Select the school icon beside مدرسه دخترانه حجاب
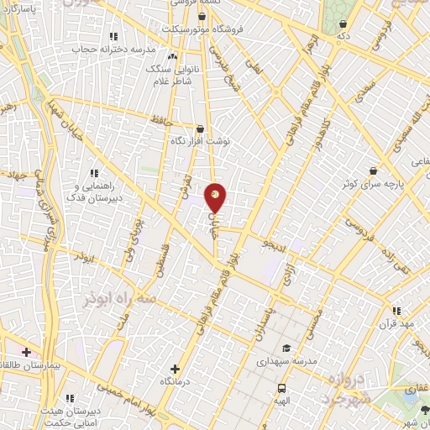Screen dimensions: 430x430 [113, 36]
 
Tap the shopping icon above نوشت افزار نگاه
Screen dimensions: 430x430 [199, 129]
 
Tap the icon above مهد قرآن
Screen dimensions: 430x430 [392, 311]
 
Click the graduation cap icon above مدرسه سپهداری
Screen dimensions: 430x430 [286, 348]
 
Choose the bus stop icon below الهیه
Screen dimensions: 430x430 [281, 389]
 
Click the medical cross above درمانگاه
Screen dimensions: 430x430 [175, 368]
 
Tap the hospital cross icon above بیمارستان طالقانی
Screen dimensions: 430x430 [27, 351]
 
